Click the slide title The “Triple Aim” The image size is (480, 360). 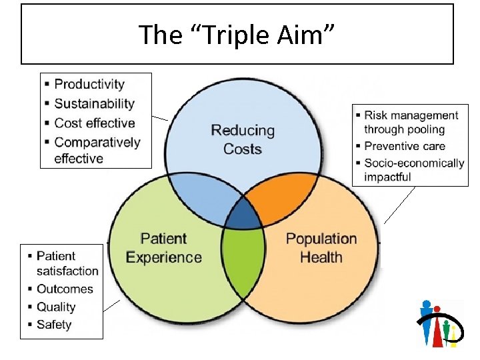237,35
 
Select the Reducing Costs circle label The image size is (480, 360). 243,139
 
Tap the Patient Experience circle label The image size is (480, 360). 163,248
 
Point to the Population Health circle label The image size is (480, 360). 321,248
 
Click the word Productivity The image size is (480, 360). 89,84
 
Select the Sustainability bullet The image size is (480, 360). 94,103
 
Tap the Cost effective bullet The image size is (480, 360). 94,123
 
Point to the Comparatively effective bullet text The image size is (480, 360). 97,150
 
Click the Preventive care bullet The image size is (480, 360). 404,146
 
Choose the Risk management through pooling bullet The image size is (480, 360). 411,123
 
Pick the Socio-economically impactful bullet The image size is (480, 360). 413,170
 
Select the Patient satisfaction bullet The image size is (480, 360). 67,263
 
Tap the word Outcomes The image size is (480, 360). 65,289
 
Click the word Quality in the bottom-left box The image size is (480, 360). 56,307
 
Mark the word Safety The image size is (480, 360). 54,325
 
